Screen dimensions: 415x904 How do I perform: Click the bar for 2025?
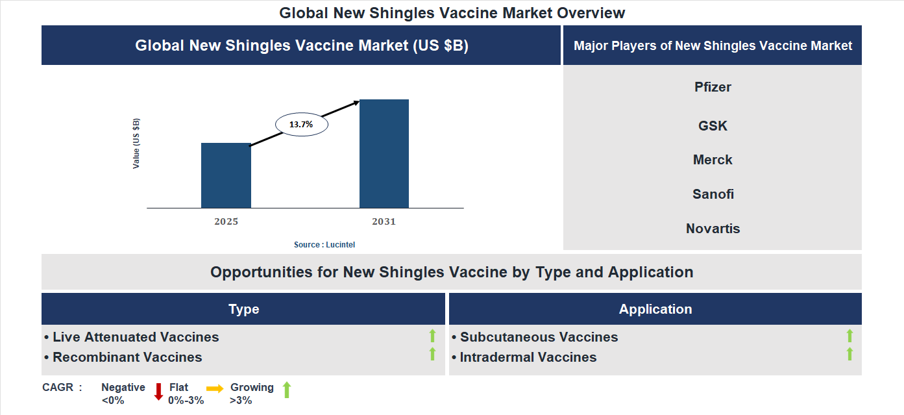[226, 175]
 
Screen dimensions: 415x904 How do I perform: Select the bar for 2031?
[384, 154]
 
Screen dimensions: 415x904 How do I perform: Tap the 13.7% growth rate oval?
[302, 124]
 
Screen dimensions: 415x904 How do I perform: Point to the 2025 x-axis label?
[226, 221]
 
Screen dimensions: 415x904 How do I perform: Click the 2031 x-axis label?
[384, 221]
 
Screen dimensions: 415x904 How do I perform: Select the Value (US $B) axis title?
[136, 144]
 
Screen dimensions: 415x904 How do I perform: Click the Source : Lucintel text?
[324, 245]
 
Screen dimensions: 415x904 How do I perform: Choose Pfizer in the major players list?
[713, 87]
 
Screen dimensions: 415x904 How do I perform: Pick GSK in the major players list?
[713, 126]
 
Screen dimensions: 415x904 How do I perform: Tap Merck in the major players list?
[713, 160]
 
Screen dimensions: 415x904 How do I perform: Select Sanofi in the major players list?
[713, 194]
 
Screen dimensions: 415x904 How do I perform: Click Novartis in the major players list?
[713, 229]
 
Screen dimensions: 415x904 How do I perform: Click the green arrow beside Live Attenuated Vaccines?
[432, 336]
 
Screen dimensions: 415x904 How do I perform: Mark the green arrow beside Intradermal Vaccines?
[849, 355]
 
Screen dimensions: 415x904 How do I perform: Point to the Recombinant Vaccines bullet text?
[127, 357]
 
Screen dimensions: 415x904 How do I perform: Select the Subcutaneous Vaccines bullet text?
[539, 337]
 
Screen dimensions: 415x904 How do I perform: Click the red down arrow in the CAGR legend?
[158, 392]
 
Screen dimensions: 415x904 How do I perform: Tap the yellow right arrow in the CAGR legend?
[215, 388]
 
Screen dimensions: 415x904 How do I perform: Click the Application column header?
[655, 309]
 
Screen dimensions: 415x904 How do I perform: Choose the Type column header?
[243, 309]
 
